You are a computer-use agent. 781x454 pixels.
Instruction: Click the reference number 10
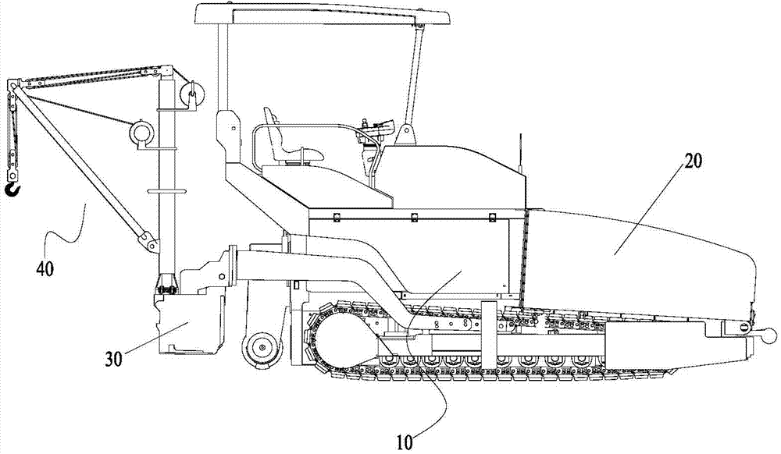pyautogui.click(x=405, y=442)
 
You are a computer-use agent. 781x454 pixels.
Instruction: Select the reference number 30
pyautogui.click(x=113, y=358)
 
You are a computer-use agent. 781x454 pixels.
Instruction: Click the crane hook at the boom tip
pyautogui.click(x=12, y=189)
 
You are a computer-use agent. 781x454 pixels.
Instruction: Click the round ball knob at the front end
pyautogui.click(x=770, y=337)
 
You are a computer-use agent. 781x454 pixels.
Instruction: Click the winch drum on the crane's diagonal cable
pyautogui.click(x=142, y=133)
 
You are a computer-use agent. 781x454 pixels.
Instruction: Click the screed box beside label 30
pyautogui.click(x=189, y=323)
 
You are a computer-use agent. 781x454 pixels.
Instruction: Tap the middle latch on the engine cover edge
pyautogui.click(x=414, y=217)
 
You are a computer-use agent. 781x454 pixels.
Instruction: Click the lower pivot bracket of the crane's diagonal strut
pyautogui.click(x=150, y=242)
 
